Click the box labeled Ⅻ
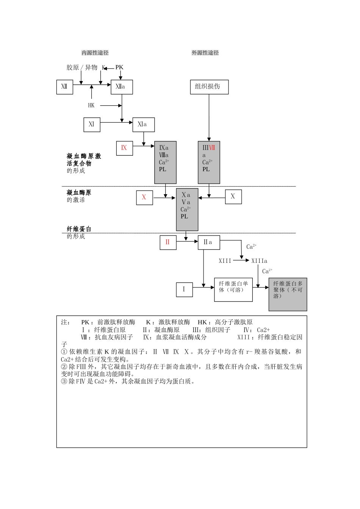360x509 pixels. pyautogui.click(x=64, y=87)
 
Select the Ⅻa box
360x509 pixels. pyautogui.click(x=122, y=87)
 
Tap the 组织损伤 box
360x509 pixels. pyautogui.click(x=209, y=87)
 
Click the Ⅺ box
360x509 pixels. pyautogui.click(x=92, y=125)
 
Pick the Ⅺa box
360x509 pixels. pyautogui.click(x=143, y=125)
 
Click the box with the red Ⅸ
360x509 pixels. pyautogui.click(x=124, y=148)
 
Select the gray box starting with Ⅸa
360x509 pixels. pyautogui.click(x=165, y=162)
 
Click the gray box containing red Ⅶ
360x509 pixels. pyautogui.click(x=209, y=162)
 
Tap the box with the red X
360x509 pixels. pyautogui.click(x=144, y=197)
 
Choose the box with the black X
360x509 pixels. pyautogui.click(x=233, y=197)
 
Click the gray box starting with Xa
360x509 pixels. pyautogui.click(x=187, y=209)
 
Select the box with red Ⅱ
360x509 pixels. pyautogui.click(x=168, y=242)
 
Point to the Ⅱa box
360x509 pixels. pyautogui.click(x=209, y=242)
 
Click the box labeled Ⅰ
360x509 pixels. pyautogui.click(x=184, y=290)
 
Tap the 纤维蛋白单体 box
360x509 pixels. pyautogui.click(x=233, y=290)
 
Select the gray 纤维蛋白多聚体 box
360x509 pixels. pyautogui.click(x=288, y=294)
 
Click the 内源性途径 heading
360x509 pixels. pyautogui.click(x=95, y=53)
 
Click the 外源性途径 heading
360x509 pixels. pyautogui.click(x=205, y=53)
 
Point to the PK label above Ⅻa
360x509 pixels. pyautogui.click(x=119, y=67)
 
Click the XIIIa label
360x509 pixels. pyautogui.click(x=259, y=261)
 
